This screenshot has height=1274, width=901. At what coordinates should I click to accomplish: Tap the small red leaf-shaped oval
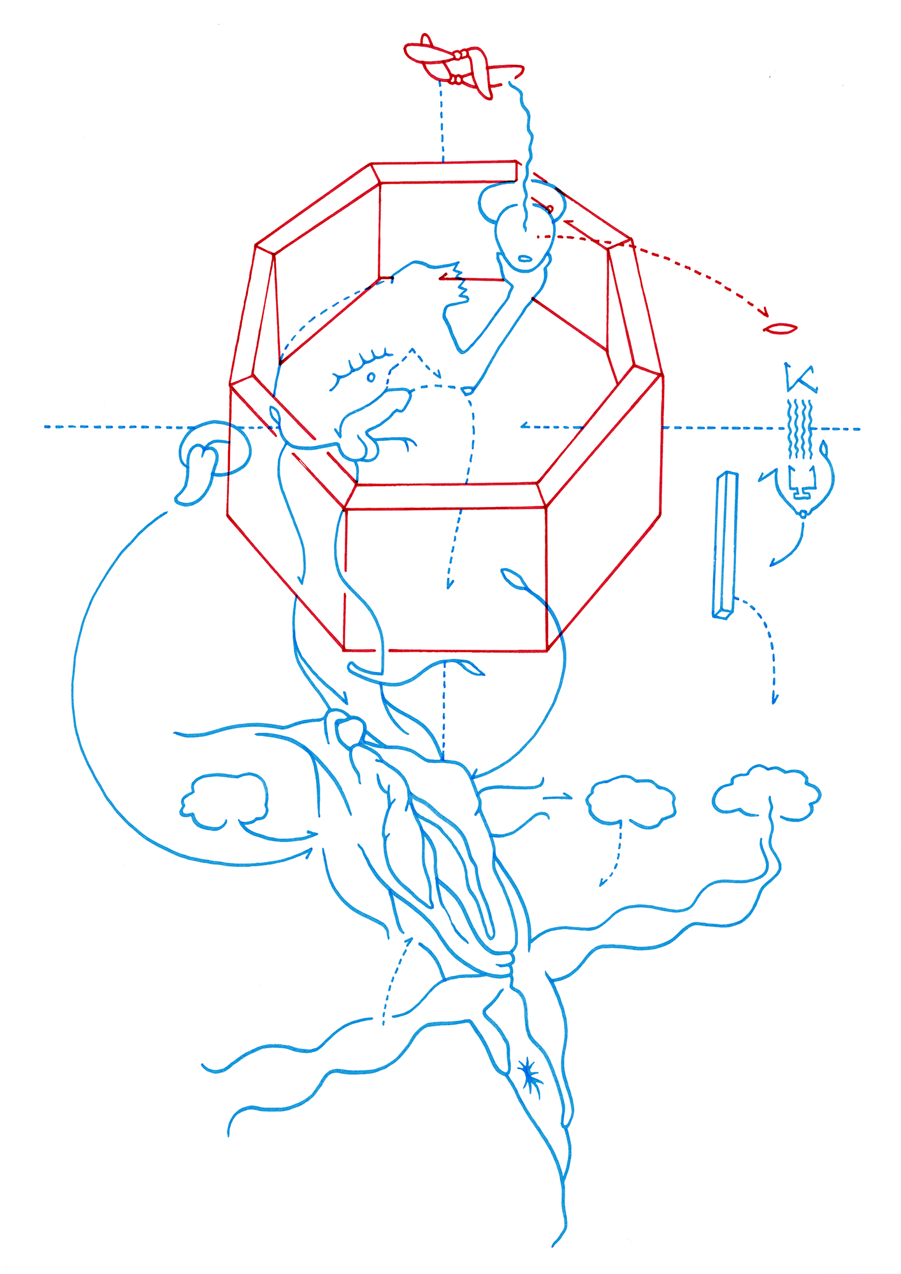point(780,329)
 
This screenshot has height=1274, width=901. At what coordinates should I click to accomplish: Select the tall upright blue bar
point(725,545)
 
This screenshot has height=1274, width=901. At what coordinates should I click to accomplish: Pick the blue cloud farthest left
point(224,801)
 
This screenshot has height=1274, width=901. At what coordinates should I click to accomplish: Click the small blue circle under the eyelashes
point(371,378)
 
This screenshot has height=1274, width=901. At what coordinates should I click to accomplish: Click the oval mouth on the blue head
point(526,259)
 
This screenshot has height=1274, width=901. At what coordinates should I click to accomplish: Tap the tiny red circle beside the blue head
point(550,209)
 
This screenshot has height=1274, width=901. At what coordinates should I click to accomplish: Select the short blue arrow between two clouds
point(558,796)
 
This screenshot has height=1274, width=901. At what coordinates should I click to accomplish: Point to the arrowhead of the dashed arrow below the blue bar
point(775,699)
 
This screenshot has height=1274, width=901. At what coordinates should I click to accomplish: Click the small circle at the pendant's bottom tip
point(804,514)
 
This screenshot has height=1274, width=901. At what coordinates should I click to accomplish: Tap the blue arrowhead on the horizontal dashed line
point(524,426)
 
